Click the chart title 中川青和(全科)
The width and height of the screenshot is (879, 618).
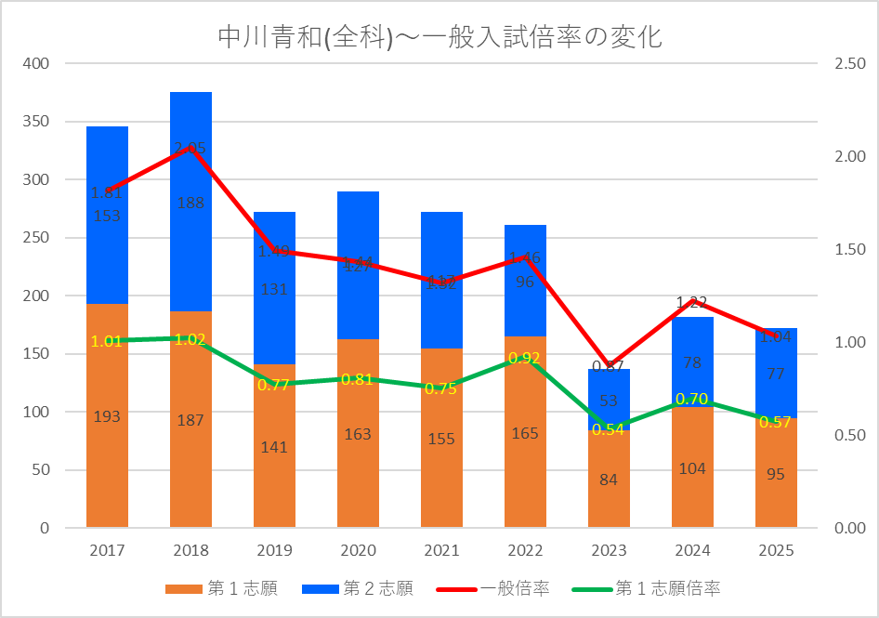439,37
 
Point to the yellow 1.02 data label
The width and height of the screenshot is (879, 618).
190,339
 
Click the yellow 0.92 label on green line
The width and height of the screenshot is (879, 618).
525,358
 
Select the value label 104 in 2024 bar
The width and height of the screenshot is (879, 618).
692,469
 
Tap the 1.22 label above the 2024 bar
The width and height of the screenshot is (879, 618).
692,302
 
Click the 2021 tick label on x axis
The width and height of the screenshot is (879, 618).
441,550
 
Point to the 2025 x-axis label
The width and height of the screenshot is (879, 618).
776,550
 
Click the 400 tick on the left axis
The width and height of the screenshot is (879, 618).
37,64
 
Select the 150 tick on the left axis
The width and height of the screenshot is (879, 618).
37,354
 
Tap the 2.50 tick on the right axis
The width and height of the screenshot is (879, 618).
849,64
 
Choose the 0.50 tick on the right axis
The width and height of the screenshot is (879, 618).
849,436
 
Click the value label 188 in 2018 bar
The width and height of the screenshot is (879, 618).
190,203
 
